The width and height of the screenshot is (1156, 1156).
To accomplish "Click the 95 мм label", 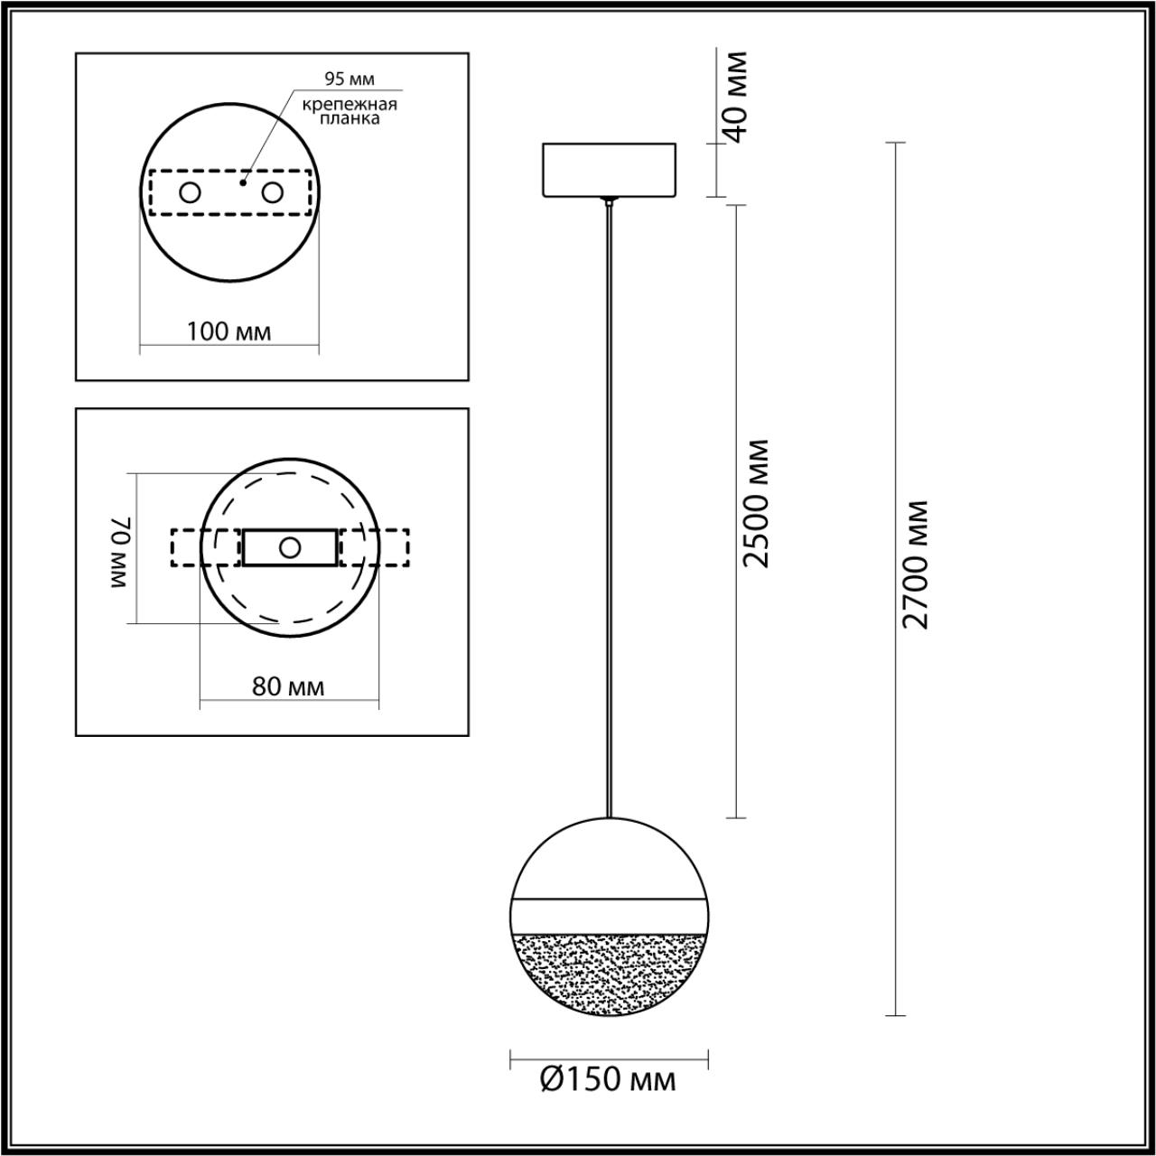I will (x=350, y=80).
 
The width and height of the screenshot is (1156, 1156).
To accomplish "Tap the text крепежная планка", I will (x=350, y=111).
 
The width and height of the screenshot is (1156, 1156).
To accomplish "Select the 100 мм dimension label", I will (x=228, y=331).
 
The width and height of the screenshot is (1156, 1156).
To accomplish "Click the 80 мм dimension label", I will (x=288, y=687).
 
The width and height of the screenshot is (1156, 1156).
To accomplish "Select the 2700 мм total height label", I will (x=916, y=564).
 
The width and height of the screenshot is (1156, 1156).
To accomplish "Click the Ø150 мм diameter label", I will (x=608, y=1079).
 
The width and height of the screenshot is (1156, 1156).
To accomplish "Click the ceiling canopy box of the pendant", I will (x=609, y=170).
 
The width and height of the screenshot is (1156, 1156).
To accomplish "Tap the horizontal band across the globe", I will (x=609, y=917).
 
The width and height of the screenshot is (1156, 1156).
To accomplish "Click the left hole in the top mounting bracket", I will (x=190, y=192).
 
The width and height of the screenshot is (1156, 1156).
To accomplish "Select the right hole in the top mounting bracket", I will (x=272, y=192).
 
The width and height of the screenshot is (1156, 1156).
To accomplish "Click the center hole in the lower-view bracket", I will (x=290, y=547).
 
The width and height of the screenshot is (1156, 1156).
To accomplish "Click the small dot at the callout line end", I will (x=242, y=182).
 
